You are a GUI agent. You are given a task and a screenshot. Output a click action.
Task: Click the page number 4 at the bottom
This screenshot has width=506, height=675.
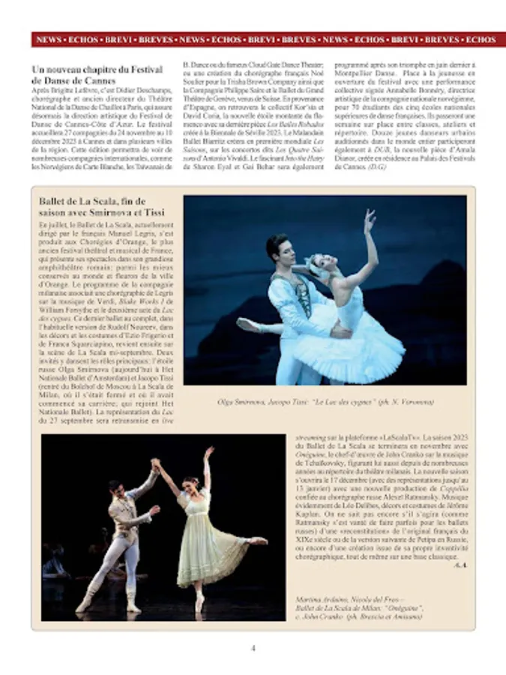pos(253,648)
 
